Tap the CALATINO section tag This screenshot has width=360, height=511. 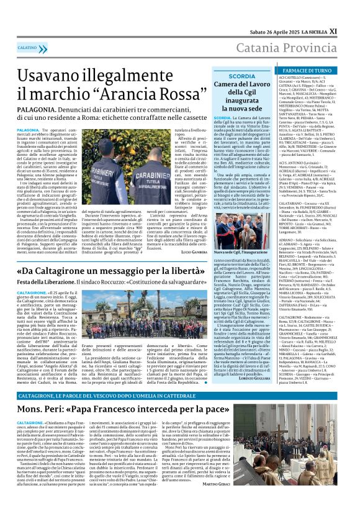[x=27, y=47]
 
